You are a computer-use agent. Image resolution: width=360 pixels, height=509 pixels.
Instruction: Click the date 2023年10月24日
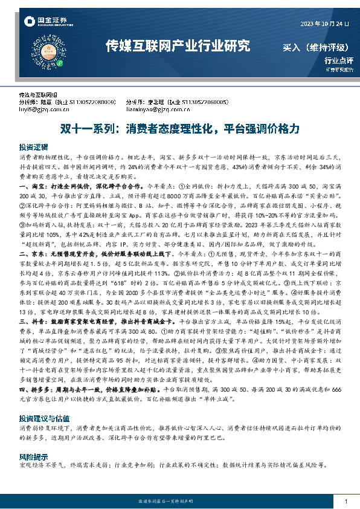tap(325, 23)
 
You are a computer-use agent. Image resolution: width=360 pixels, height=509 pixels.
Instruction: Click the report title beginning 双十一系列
tap(179, 129)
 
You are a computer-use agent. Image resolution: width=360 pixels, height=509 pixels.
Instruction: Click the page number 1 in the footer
tap(345, 501)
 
